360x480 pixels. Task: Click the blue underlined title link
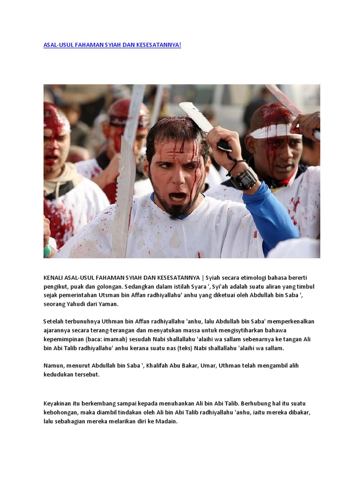[112, 45]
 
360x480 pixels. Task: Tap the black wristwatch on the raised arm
[244, 178]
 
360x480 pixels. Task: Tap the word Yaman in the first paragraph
[109, 304]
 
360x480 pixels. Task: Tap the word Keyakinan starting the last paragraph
[60, 403]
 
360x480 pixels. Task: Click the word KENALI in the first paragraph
[54, 277]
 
